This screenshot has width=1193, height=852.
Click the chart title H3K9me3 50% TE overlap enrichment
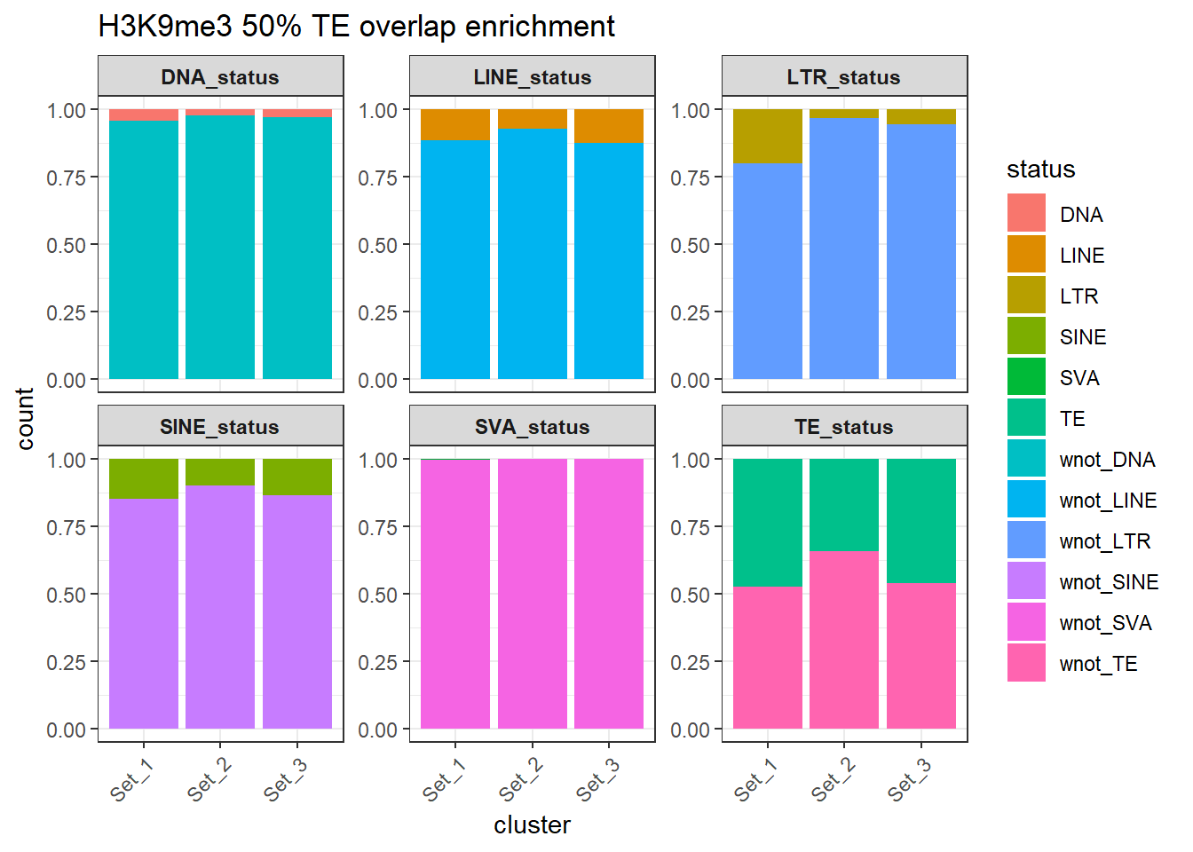pos(356,27)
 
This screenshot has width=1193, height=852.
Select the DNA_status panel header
pos(220,77)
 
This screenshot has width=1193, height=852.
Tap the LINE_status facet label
pos(532,77)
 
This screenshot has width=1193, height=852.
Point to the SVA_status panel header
pos(532,427)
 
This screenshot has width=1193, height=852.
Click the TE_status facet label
pos(844,427)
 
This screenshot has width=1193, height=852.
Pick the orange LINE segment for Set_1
pos(455,124)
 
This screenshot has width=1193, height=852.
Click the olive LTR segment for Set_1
pos(768,136)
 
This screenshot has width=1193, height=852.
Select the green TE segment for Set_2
pos(844,504)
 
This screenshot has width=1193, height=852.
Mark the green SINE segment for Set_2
pos(220,472)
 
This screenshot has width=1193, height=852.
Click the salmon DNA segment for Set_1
pos(144,114)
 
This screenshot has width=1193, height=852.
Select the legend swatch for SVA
pos(1026,377)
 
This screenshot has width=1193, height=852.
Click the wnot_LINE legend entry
pos(1108,501)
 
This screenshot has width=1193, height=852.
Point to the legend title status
pos(1040,170)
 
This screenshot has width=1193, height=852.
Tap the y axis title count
pos(25,418)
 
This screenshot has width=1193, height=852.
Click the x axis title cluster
pos(532,825)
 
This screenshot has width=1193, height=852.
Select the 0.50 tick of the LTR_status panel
pos(691,245)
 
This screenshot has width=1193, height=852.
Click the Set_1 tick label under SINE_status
pos(131,779)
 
